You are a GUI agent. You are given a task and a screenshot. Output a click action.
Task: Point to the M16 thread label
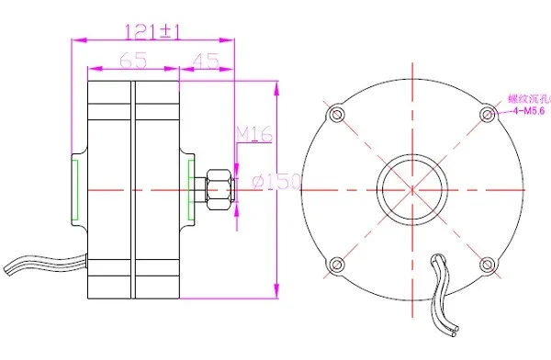(254, 135)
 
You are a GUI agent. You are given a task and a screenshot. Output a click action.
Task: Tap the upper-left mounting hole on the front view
(337, 115)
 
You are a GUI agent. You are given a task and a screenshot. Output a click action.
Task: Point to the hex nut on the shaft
(218, 188)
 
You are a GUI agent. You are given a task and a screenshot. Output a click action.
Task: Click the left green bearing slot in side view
(77, 189)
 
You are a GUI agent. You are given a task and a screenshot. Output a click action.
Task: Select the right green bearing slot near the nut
(191, 189)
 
